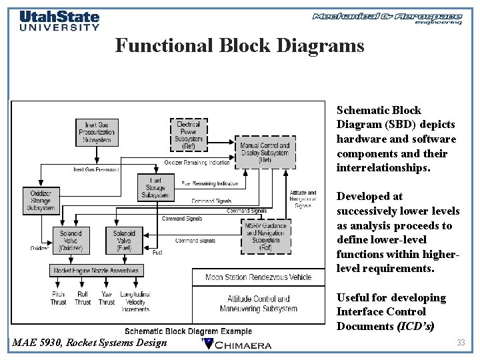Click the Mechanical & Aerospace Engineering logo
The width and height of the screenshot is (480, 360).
click(x=387, y=18)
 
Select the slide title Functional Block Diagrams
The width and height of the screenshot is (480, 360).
click(x=239, y=45)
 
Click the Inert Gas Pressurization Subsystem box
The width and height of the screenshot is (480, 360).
click(x=97, y=133)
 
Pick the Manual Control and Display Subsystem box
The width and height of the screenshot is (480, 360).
click(x=265, y=153)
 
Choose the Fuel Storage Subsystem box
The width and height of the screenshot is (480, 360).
click(x=155, y=187)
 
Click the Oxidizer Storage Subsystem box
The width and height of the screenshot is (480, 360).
click(x=41, y=200)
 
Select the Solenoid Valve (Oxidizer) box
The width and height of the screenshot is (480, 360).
click(x=70, y=240)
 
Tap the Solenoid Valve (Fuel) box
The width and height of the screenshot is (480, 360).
click(x=124, y=240)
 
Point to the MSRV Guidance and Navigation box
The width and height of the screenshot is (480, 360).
click(x=266, y=235)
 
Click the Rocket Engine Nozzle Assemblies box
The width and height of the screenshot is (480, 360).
click(x=97, y=270)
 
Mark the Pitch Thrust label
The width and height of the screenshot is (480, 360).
click(x=59, y=298)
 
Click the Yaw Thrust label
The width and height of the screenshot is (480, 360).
click(x=107, y=298)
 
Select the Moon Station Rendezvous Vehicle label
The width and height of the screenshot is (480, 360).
click(x=258, y=277)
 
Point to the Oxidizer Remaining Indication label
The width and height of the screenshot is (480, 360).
click(x=197, y=162)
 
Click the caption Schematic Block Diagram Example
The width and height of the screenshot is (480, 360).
click(x=189, y=331)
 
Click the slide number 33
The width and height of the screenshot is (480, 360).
click(x=460, y=342)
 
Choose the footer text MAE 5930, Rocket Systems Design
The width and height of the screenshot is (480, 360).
click(x=90, y=343)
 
